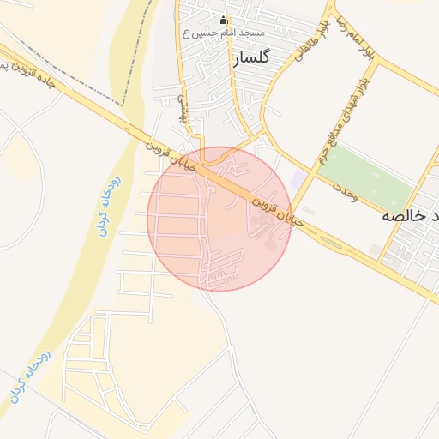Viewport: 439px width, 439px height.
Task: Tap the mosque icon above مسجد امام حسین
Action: click(x=225, y=20)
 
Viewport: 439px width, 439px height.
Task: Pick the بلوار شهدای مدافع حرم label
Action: click(x=342, y=119)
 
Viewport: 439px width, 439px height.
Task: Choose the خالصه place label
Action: click(x=410, y=216)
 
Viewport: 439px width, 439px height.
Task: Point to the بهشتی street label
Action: click(x=182, y=110)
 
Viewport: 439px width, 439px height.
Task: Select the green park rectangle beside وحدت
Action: click(x=366, y=177)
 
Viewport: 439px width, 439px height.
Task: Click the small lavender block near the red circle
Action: click(x=297, y=180)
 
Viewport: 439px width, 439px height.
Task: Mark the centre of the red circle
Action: click(x=219, y=219)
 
